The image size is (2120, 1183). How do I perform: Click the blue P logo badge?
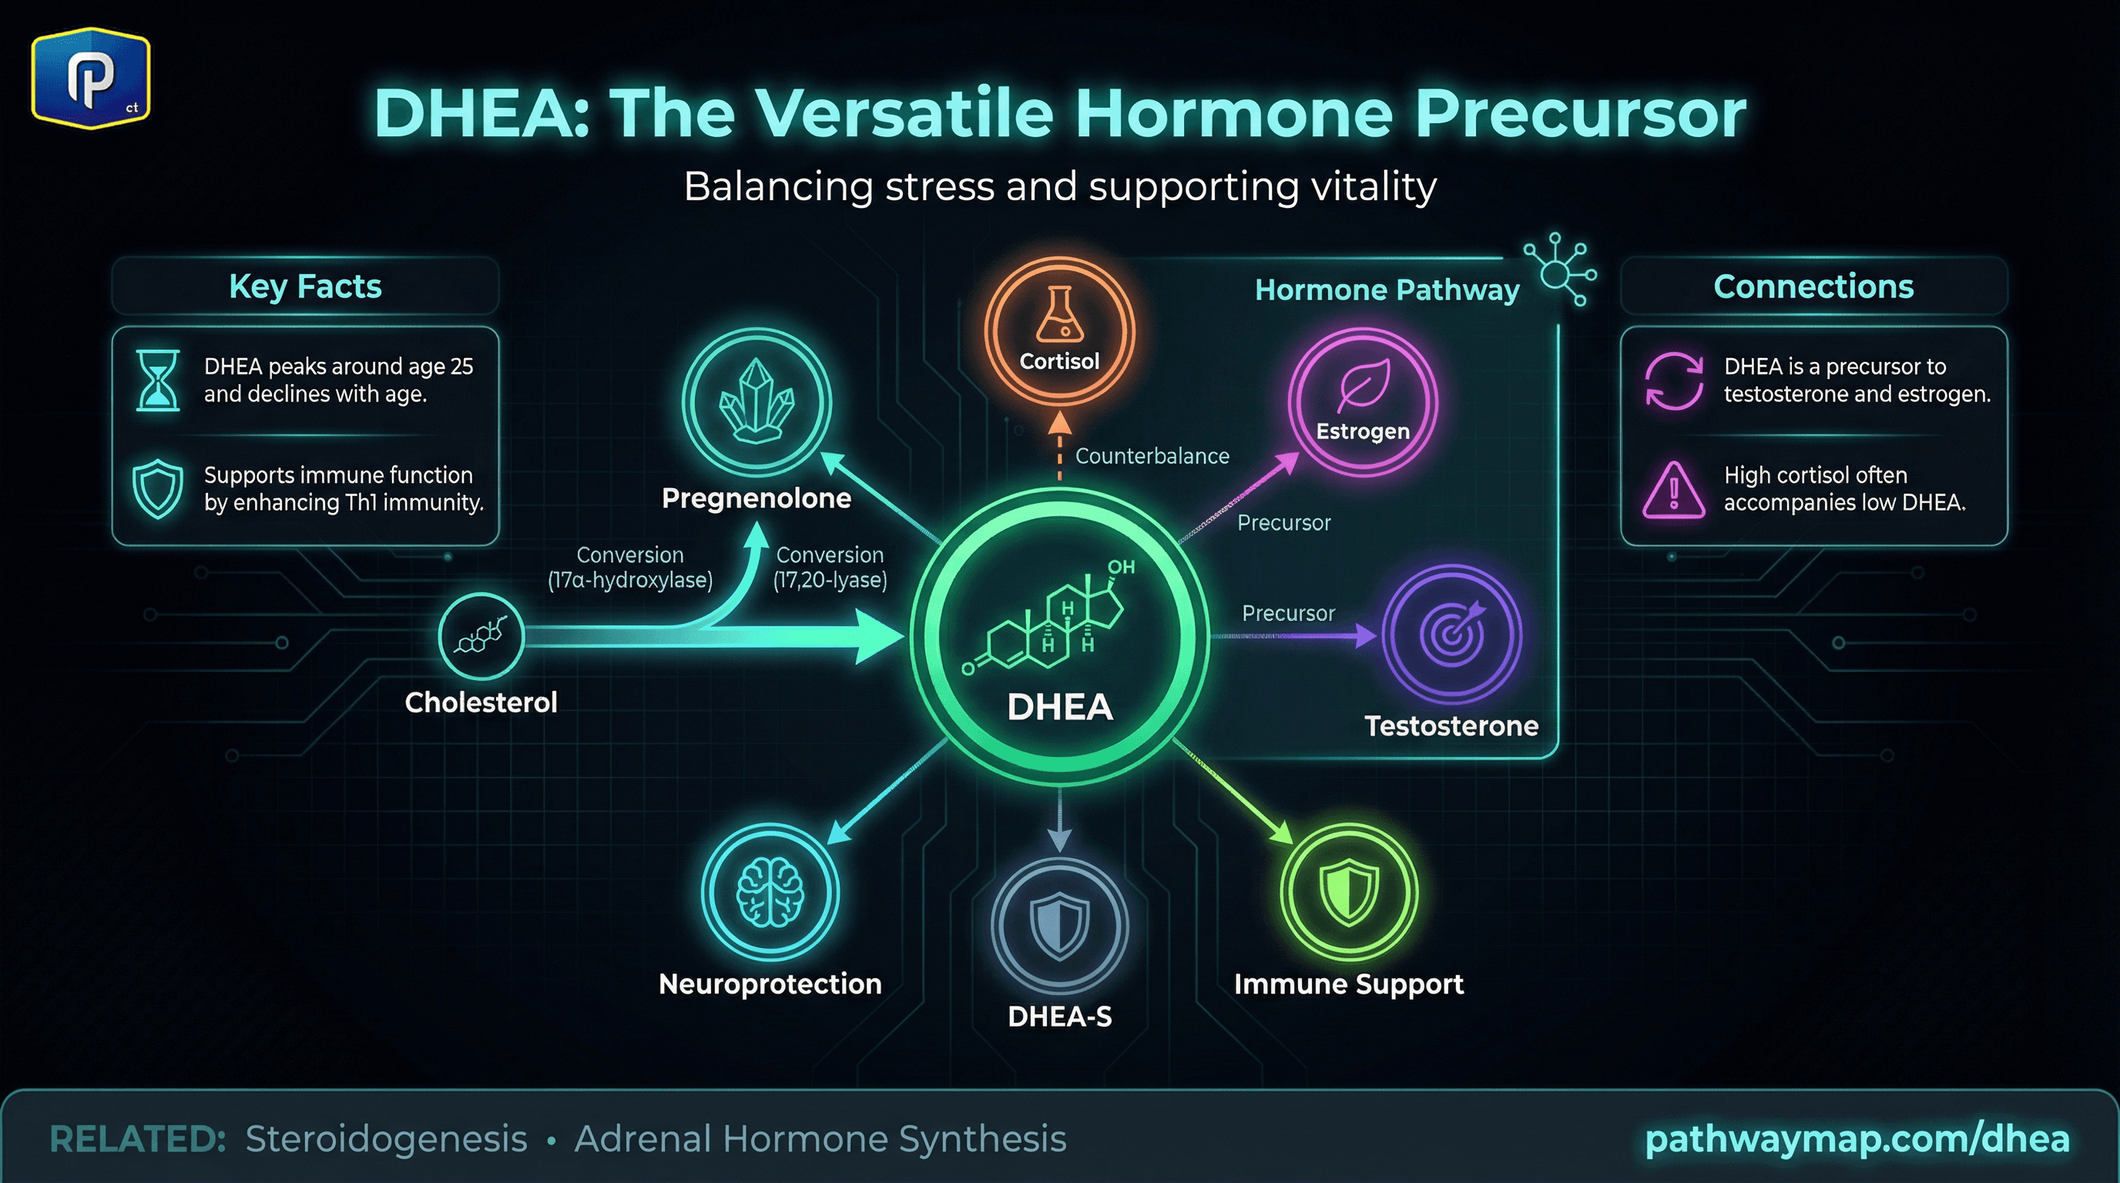91,78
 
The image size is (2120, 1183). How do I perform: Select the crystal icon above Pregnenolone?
756,400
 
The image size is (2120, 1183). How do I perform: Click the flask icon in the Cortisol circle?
1059,315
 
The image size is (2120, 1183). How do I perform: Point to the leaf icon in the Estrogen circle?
1363,384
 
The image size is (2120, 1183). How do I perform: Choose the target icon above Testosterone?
1452,632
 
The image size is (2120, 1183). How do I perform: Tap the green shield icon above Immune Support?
1349,893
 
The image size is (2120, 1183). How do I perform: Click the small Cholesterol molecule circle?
481,636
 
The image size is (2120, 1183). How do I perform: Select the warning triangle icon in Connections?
1673,490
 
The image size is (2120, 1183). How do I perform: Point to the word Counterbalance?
1152,457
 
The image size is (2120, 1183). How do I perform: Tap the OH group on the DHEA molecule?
1121,567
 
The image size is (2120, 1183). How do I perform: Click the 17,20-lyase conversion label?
830,568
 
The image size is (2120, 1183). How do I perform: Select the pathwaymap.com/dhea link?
1857,1138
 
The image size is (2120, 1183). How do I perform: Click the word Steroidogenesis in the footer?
386,1139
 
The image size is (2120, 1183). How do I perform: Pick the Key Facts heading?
305,287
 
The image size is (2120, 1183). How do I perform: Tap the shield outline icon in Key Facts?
157,490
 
